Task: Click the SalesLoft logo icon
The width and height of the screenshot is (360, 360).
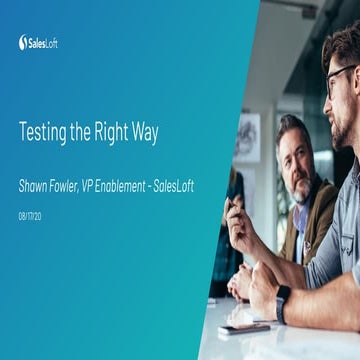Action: (x=23, y=42)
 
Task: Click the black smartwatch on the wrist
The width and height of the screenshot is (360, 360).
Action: (x=283, y=301)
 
